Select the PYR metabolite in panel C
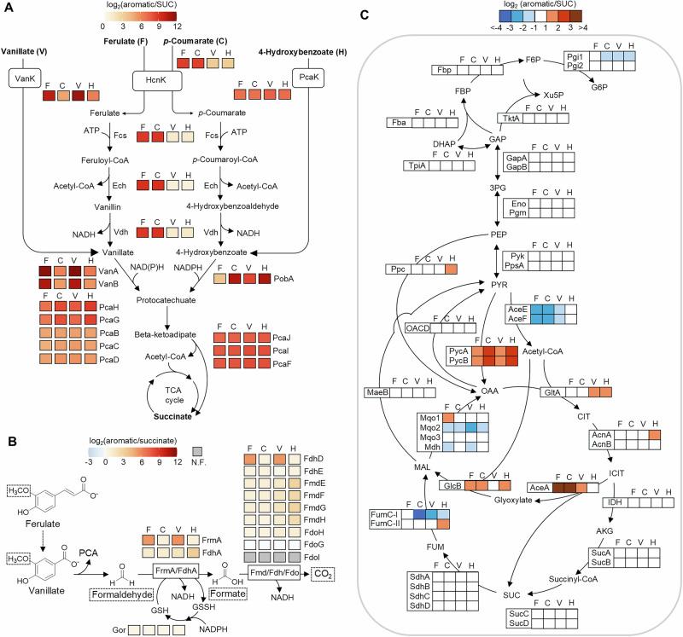500,283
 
